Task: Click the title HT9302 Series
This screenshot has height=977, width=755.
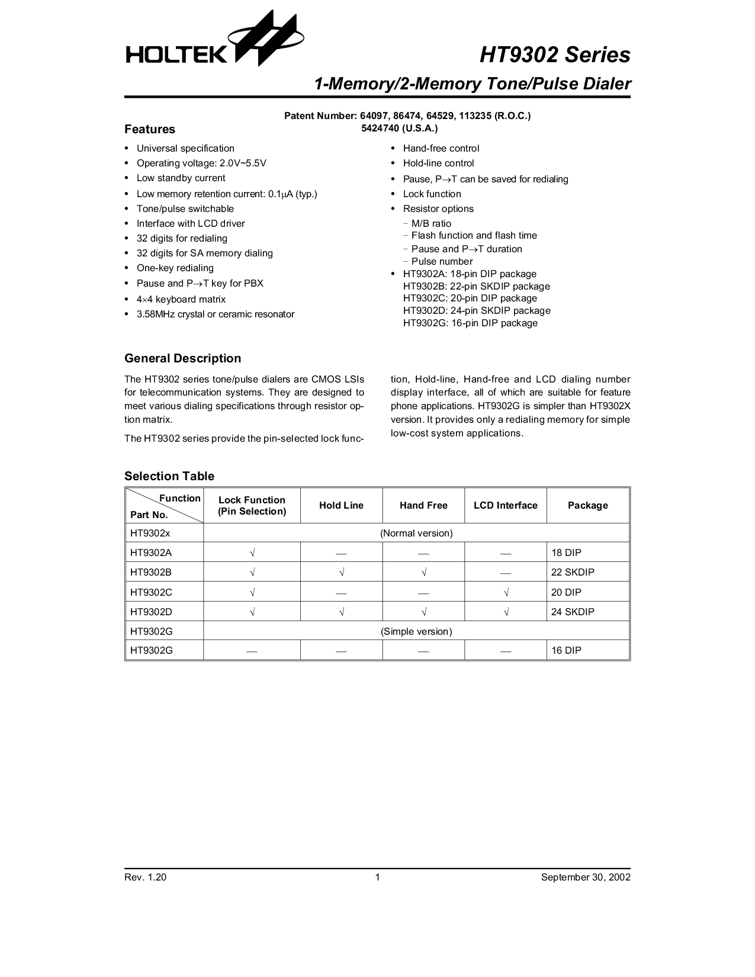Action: click(x=554, y=55)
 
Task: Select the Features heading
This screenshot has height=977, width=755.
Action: click(x=150, y=129)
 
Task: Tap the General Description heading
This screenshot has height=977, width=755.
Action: click(x=182, y=358)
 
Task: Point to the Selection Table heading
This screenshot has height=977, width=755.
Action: click(x=169, y=476)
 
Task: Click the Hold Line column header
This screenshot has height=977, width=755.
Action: click(x=341, y=506)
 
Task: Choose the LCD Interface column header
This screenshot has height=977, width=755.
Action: click(x=506, y=506)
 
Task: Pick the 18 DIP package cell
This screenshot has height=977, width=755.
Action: click(x=566, y=552)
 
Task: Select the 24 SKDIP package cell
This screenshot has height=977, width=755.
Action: click(x=573, y=612)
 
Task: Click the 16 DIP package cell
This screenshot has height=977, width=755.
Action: click(x=566, y=650)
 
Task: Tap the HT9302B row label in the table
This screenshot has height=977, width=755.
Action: click(x=151, y=573)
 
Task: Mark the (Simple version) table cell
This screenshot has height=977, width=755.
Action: click(x=416, y=631)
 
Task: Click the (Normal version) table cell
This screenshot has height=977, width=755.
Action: click(x=416, y=533)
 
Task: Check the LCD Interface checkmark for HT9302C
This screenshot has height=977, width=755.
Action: click(x=506, y=592)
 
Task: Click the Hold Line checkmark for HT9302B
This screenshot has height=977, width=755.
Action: click(x=342, y=573)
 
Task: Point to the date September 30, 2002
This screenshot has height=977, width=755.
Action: click(x=586, y=877)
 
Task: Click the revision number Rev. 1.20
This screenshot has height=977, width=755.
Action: click(x=145, y=877)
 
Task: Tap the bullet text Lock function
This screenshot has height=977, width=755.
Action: click(x=432, y=194)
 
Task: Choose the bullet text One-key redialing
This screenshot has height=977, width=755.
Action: click(x=175, y=268)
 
